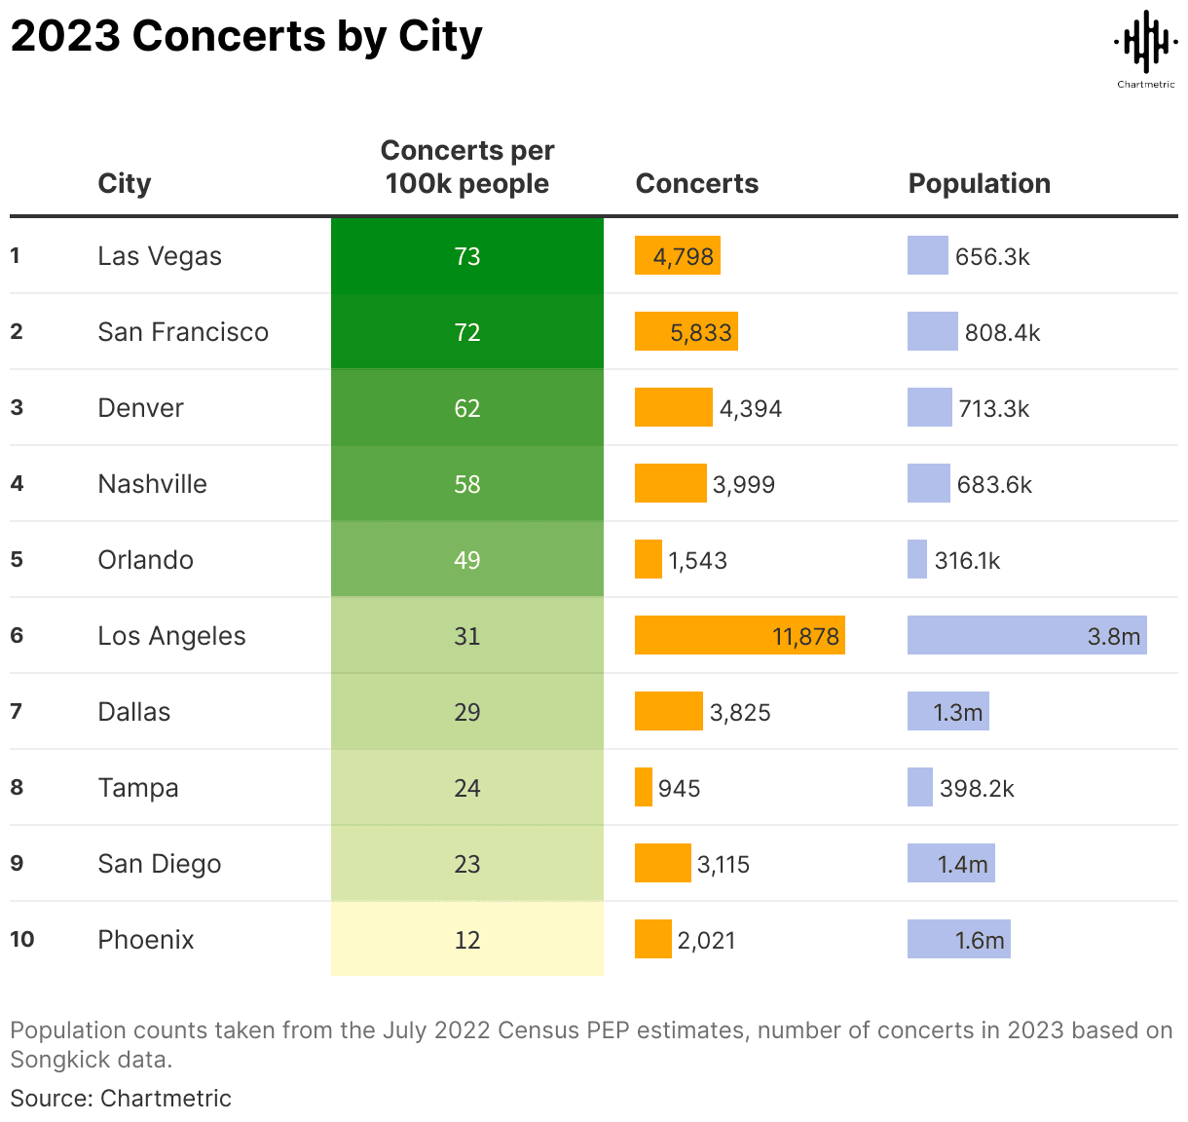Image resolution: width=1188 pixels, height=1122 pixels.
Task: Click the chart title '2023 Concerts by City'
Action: click(x=246, y=37)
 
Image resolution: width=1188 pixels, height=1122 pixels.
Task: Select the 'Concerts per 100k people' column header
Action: click(x=466, y=167)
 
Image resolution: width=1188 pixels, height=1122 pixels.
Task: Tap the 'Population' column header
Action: click(x=979, y=183)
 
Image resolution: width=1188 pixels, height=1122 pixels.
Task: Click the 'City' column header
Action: click(x=125, y=183)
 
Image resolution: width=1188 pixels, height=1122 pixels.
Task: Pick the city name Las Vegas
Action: click(x=160, y=256)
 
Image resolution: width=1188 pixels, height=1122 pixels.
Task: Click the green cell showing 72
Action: click(x=467, y=332)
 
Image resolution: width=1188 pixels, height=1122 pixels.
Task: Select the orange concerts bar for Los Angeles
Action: click(x=739, y=636)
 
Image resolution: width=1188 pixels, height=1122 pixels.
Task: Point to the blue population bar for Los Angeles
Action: click(x=1026, y=636)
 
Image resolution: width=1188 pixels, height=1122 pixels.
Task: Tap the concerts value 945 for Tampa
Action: click(x=679, y=788)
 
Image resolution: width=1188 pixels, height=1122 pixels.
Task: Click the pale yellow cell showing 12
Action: click(x=467, y=940)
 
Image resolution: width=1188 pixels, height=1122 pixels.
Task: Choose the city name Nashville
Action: click(x=153, y=484)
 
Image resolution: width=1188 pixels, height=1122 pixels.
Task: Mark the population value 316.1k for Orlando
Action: click(x=967, y=560)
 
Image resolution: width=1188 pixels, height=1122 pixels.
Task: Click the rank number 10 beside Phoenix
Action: click(x=22, y=940)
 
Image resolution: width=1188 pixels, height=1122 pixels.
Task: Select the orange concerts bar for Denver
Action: click(x=673, y=408)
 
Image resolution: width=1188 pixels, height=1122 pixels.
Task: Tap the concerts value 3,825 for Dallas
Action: click(x=740, y=712)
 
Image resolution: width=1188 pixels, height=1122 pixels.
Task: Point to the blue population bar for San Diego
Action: click(x=950, y=864)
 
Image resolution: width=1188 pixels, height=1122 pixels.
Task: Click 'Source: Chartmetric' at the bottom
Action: click(x=121, y=1098)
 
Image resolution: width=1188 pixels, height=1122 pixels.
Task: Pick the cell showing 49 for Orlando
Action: click(x=467, y=560)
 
